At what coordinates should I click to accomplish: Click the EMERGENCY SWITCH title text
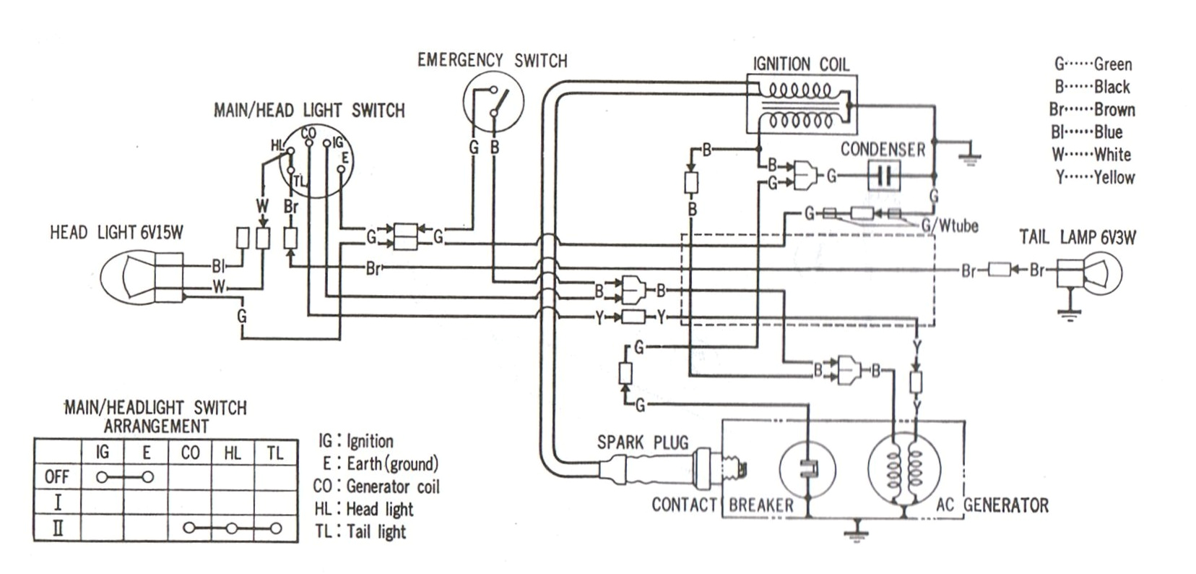click(x=492, y=60)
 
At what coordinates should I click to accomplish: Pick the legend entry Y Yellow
click(x=1095, y=177)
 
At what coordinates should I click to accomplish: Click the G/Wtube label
click(x=949, y=226)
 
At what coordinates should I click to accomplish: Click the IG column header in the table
click(x=103, y=453)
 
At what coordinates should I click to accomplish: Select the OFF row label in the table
click(x=57, y=477)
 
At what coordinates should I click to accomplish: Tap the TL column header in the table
click(x=275, y=453)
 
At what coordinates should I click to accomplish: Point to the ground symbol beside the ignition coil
click(x=968, y=155)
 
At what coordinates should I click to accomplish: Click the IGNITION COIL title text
click(x=801, y=64)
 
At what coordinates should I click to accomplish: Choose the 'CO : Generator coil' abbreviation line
click(x=376, y=487)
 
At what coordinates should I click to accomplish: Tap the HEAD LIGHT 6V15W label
click(x=116, y=232)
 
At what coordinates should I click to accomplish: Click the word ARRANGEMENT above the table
click(x=155, y=426)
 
